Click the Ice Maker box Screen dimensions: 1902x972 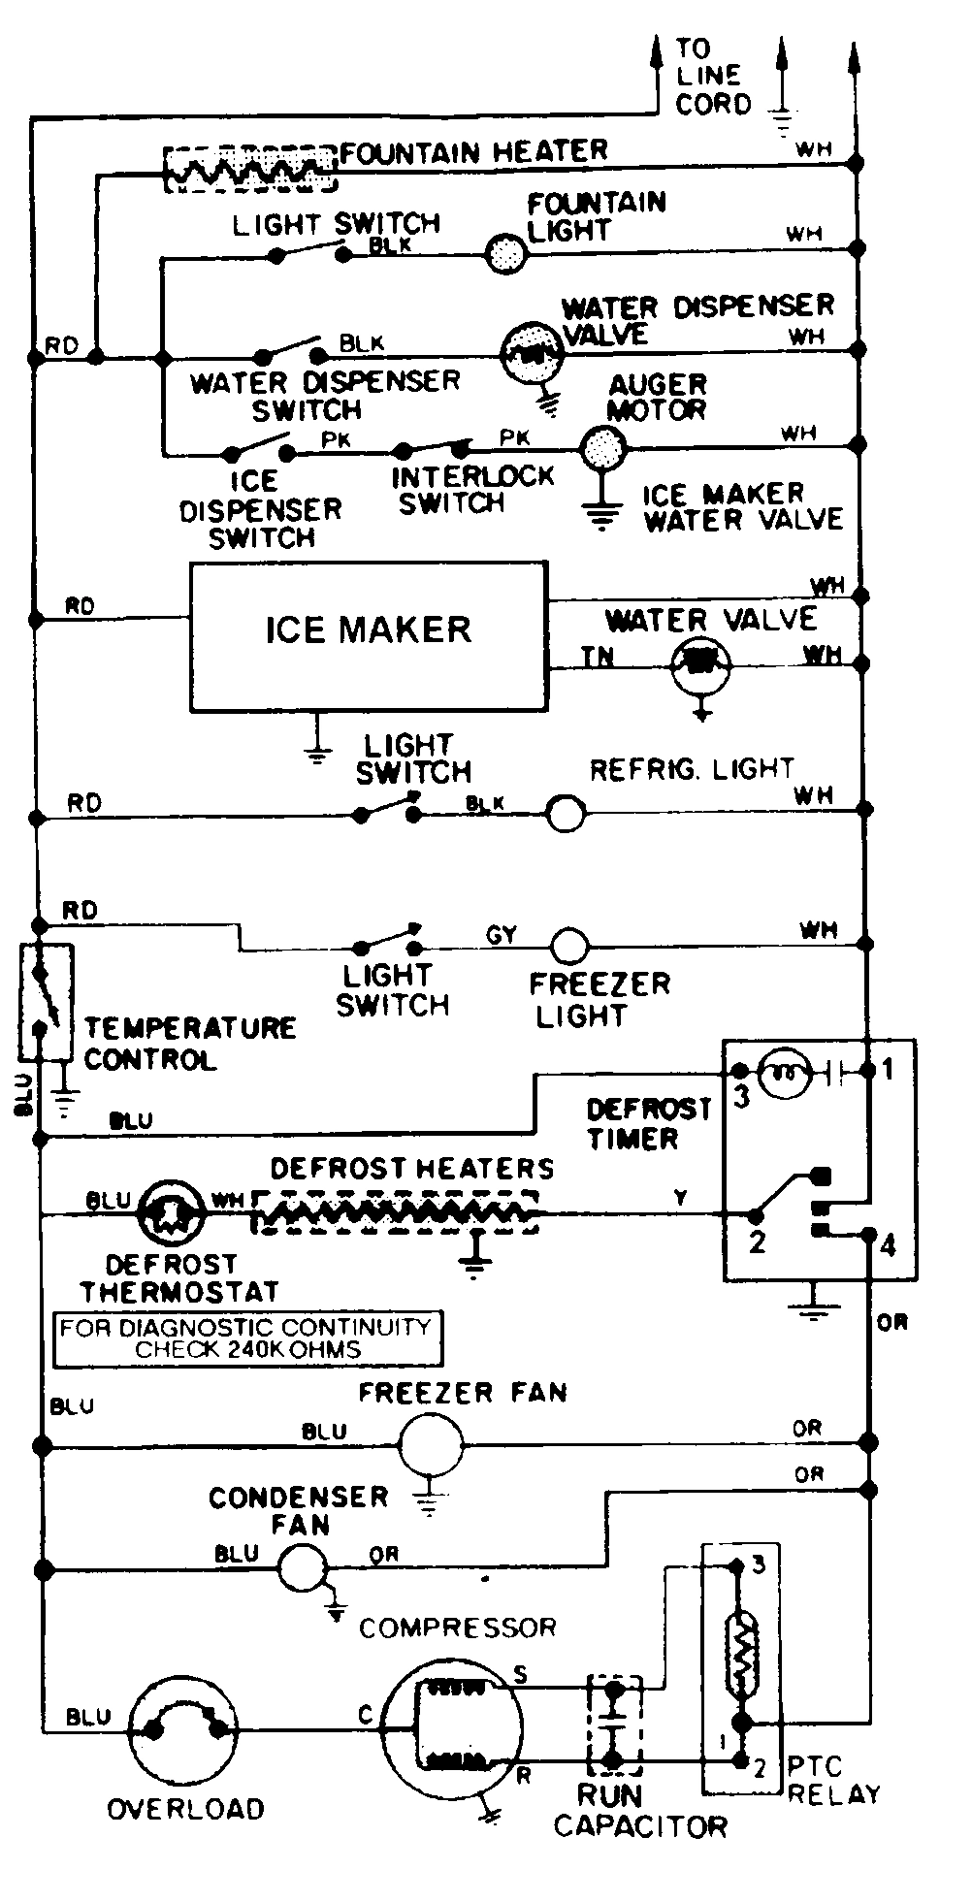point(368,635)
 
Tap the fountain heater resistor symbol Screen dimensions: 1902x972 point(250,170)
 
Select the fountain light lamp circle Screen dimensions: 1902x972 point(505,254)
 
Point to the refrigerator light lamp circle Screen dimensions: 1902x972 point(567,813)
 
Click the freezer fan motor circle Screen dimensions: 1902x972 point(431,1444)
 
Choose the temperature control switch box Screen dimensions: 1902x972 point(45,1002)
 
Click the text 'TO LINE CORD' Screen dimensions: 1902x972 point(713,76)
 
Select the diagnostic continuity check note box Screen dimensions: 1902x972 point(246,1338)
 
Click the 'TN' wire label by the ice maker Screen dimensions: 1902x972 point(598,657)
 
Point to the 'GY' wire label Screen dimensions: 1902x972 point(502,934)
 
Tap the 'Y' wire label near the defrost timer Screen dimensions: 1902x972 point(681,1199)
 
